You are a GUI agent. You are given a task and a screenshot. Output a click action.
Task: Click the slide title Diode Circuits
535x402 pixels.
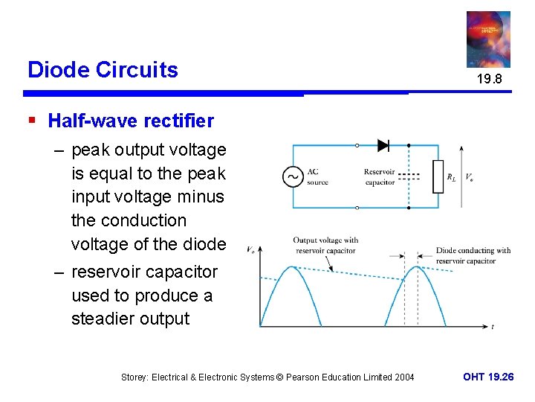tap(103, 70)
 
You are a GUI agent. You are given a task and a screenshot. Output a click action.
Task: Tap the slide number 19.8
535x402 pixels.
tap(489, 78)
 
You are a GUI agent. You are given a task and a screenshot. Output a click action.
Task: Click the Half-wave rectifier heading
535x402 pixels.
tap(131, 121)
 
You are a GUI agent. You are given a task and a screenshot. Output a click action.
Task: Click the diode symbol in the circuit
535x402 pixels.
tap(383, 145)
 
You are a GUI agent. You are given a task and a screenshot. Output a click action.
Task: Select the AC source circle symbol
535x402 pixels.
tap(293, 177)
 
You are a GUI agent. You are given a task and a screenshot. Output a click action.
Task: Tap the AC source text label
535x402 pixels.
tap(318, 177)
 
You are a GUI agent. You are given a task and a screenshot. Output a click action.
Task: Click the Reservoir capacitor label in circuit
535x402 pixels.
tap(379, 177)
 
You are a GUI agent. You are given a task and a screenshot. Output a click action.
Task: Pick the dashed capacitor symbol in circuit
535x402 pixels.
tap(409, 177)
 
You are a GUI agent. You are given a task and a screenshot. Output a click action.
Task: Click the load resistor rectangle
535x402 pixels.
tap(438, 176)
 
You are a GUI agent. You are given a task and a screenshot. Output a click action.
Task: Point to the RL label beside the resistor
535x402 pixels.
tap(451, 177)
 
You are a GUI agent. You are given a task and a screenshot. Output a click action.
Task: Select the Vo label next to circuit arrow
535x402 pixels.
tap(470, 177)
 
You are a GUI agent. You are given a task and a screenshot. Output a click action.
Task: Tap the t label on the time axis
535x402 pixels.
tap(493, 327)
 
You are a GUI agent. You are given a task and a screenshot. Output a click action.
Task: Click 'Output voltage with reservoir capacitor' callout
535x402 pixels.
tap(325, 245)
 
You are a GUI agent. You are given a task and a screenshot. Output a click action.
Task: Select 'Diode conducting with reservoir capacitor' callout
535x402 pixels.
tap(473, 255)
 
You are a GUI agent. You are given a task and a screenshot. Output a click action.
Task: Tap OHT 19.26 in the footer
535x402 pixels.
tap(488, 377)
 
